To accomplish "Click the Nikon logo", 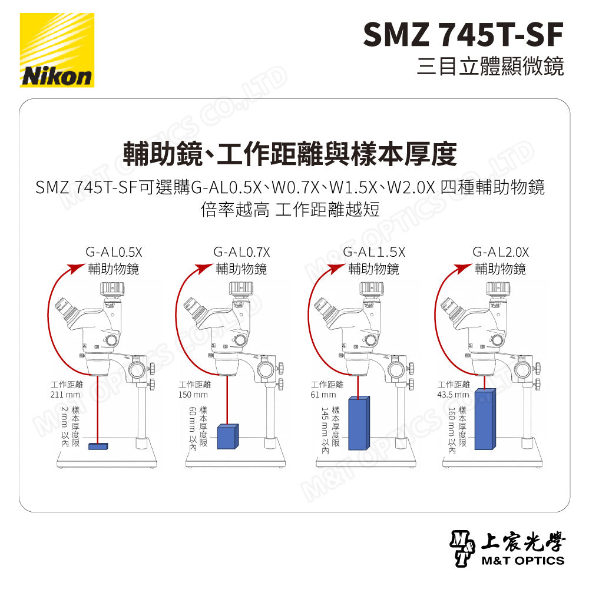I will [x=57, y=51].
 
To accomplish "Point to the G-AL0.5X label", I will [x=114, y=252].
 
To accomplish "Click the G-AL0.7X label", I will [x=241, y=252].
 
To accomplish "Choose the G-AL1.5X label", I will [x=373, y=252].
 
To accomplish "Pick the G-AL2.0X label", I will [x=500, y=252].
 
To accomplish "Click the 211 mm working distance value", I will [x=65, y=394].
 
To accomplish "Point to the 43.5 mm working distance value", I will [x=453, y=394].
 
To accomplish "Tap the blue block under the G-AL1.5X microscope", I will [x=359, y=423].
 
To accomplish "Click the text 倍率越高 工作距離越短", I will [x=289, y=210].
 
